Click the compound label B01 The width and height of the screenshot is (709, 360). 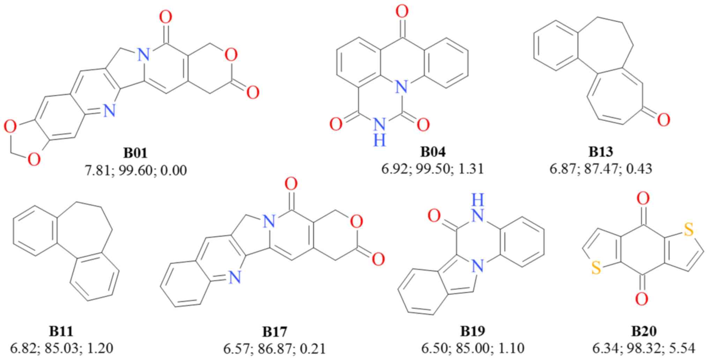tap(135, 153)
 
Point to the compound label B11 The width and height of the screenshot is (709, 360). tap(61, 331)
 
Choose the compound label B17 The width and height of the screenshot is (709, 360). tap(274, 331)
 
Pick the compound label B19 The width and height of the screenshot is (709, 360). tap(473, 331)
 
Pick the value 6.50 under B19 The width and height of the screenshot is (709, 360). tap(433, 348)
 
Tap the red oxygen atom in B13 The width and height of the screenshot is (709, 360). tap(664, 120)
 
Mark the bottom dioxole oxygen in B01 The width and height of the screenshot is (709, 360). tap(34, 160)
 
